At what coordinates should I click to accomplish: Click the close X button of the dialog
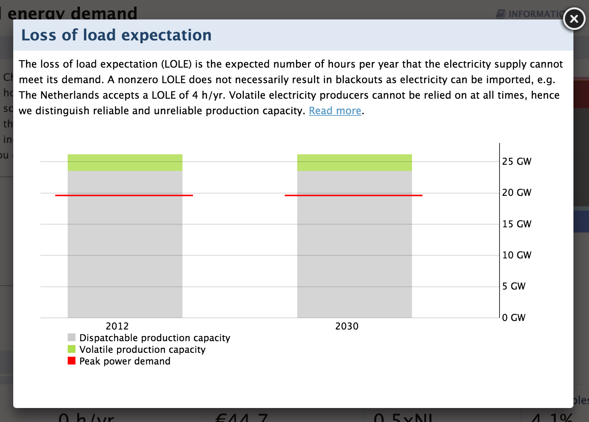[574, 19]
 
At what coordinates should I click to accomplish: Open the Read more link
[335, 111]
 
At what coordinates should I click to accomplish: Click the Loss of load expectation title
[116, 35]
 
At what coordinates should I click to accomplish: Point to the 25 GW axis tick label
[516, 161]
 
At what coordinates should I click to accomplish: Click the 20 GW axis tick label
[516, 192]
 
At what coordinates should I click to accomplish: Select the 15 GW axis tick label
[516, 224]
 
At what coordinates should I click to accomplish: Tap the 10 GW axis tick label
[516, 255]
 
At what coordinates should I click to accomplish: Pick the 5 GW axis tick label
[514, 286]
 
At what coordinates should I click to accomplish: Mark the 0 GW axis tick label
[514, 317]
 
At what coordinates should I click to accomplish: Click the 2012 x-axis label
[117, 326]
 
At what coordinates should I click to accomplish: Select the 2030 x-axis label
[347, 326]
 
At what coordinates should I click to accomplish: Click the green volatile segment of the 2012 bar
[125, 162]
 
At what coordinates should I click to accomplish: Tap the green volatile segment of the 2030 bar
[354, 162]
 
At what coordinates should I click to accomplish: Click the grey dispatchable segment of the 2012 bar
[125, 256]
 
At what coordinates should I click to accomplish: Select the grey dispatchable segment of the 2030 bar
[354, 256]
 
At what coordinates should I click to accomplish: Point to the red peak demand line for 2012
[124, 195]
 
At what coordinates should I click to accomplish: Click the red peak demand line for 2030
[354, 195]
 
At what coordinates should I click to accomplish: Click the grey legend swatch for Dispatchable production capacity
[72, 337]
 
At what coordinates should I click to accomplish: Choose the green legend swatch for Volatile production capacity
[72, 349]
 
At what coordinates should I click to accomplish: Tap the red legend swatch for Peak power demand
[72, 361]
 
